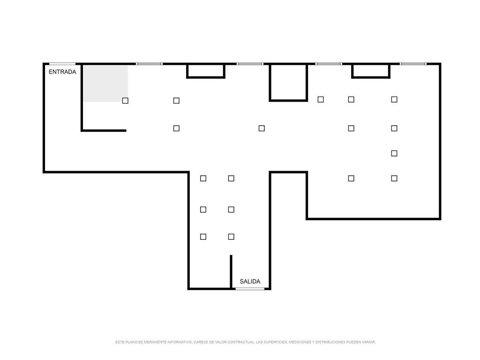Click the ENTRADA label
pos(62,72)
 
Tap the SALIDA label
pos(250,281)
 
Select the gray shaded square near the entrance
pos(105,83)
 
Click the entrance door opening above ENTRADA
pos(62,64)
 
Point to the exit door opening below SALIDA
pos(250,288)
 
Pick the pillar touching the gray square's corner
pos(125,100)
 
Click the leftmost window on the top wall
pos(149,64)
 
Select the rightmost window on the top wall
pos(413,64)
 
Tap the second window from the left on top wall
pos(250,64)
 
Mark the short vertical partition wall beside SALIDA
pos(231,271)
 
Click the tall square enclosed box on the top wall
pos(288,82)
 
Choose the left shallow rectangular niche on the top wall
pos(206,71)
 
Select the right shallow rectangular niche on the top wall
pos(371,71)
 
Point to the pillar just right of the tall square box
pos(321,99)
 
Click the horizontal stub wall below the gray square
pos(104,130)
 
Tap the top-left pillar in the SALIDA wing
pos(203,178)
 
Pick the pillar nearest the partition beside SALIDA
pos(231,237)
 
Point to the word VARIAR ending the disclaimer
pos(368,342)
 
